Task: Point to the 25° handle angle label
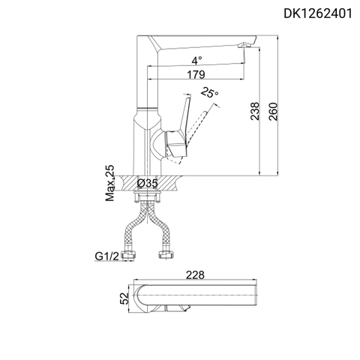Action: [x=210, y=92]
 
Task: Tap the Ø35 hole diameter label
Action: [x=147, y=183]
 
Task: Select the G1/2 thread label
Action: [x=106, y=256]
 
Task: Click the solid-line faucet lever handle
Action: [x=180, y=124]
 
